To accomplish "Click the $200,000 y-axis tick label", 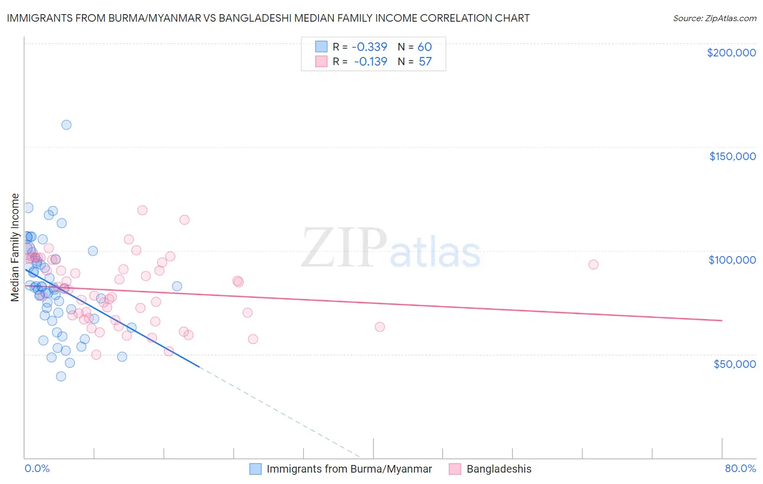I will point(731,53).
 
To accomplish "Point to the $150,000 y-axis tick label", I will point(732,156).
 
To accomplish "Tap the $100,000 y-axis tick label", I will point(732,260).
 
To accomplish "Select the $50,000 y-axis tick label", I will point(734,364).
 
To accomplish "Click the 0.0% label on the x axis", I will point(37,468).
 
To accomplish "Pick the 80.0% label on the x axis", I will point(740,468).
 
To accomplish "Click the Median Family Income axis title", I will point(15,247).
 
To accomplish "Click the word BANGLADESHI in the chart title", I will point(259,18).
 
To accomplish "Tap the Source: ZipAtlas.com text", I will point(714,18).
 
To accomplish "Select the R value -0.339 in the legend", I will point(370,47).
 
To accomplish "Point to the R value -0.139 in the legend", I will point(371,61).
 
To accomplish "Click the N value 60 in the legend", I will point(424,47).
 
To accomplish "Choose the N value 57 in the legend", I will point(425,61).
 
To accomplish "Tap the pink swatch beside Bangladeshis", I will point(455,469).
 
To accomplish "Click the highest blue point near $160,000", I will point(66,125).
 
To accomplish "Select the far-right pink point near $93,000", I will point(593,265).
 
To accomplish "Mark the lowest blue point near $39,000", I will point(61,376).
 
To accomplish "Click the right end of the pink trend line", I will point(722,321).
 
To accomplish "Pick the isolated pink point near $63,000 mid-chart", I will point(379,327).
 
